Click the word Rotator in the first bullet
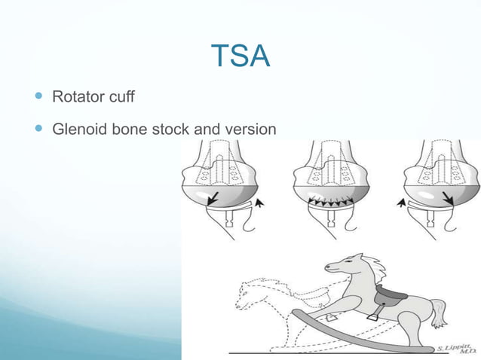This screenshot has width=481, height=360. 75,97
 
